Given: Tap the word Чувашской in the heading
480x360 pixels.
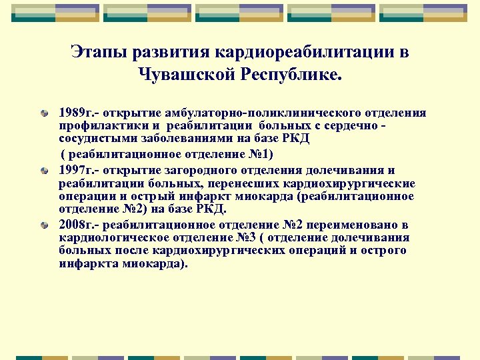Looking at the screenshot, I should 179,73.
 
